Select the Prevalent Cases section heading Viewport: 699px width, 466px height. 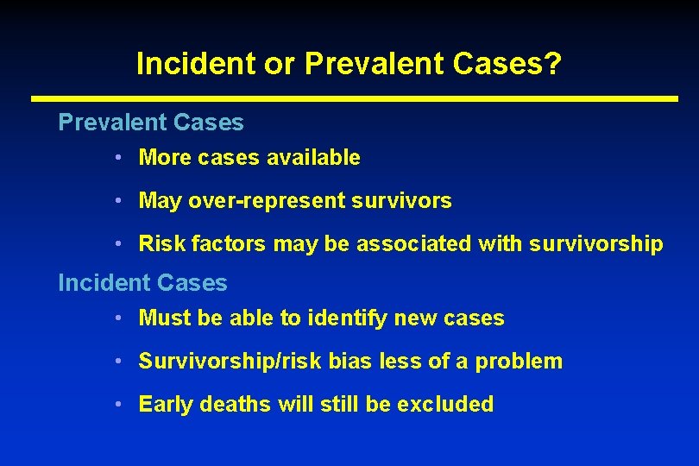point(151,123)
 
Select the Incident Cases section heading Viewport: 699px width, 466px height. point(142,283)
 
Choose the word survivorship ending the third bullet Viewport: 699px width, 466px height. point(604,244)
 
